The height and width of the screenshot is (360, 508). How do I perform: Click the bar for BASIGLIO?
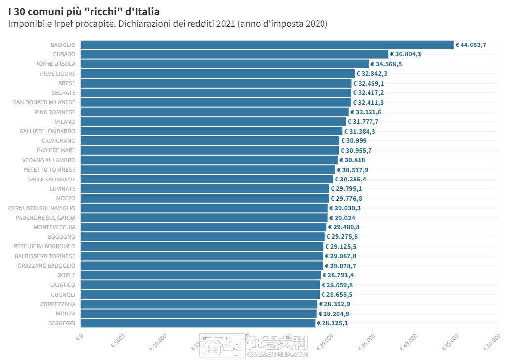[x=267, y=45]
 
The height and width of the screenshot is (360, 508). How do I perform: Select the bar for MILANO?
[x=213, y=122]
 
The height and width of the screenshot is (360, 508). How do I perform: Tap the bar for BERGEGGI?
[x=197, y=323]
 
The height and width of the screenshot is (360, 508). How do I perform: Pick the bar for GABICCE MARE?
[x=209, y=150]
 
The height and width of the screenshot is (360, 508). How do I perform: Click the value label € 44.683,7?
[x=471, y=45]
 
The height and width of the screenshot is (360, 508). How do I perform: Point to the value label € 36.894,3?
[x=406, y=54]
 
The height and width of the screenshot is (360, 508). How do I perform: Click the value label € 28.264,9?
[x=334, y=314]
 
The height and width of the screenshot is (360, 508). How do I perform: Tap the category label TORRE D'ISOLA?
[x=55, y=64]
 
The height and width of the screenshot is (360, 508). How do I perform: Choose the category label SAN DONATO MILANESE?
[x=44, y=102]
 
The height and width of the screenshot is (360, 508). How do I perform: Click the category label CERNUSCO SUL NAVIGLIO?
[x=42, y=208]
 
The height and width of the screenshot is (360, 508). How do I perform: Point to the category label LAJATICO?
[x=63, y=285]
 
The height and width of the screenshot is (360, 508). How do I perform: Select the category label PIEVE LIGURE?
[x=58, y=74]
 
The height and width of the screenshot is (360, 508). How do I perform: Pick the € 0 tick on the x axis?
[x=79, y=338]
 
